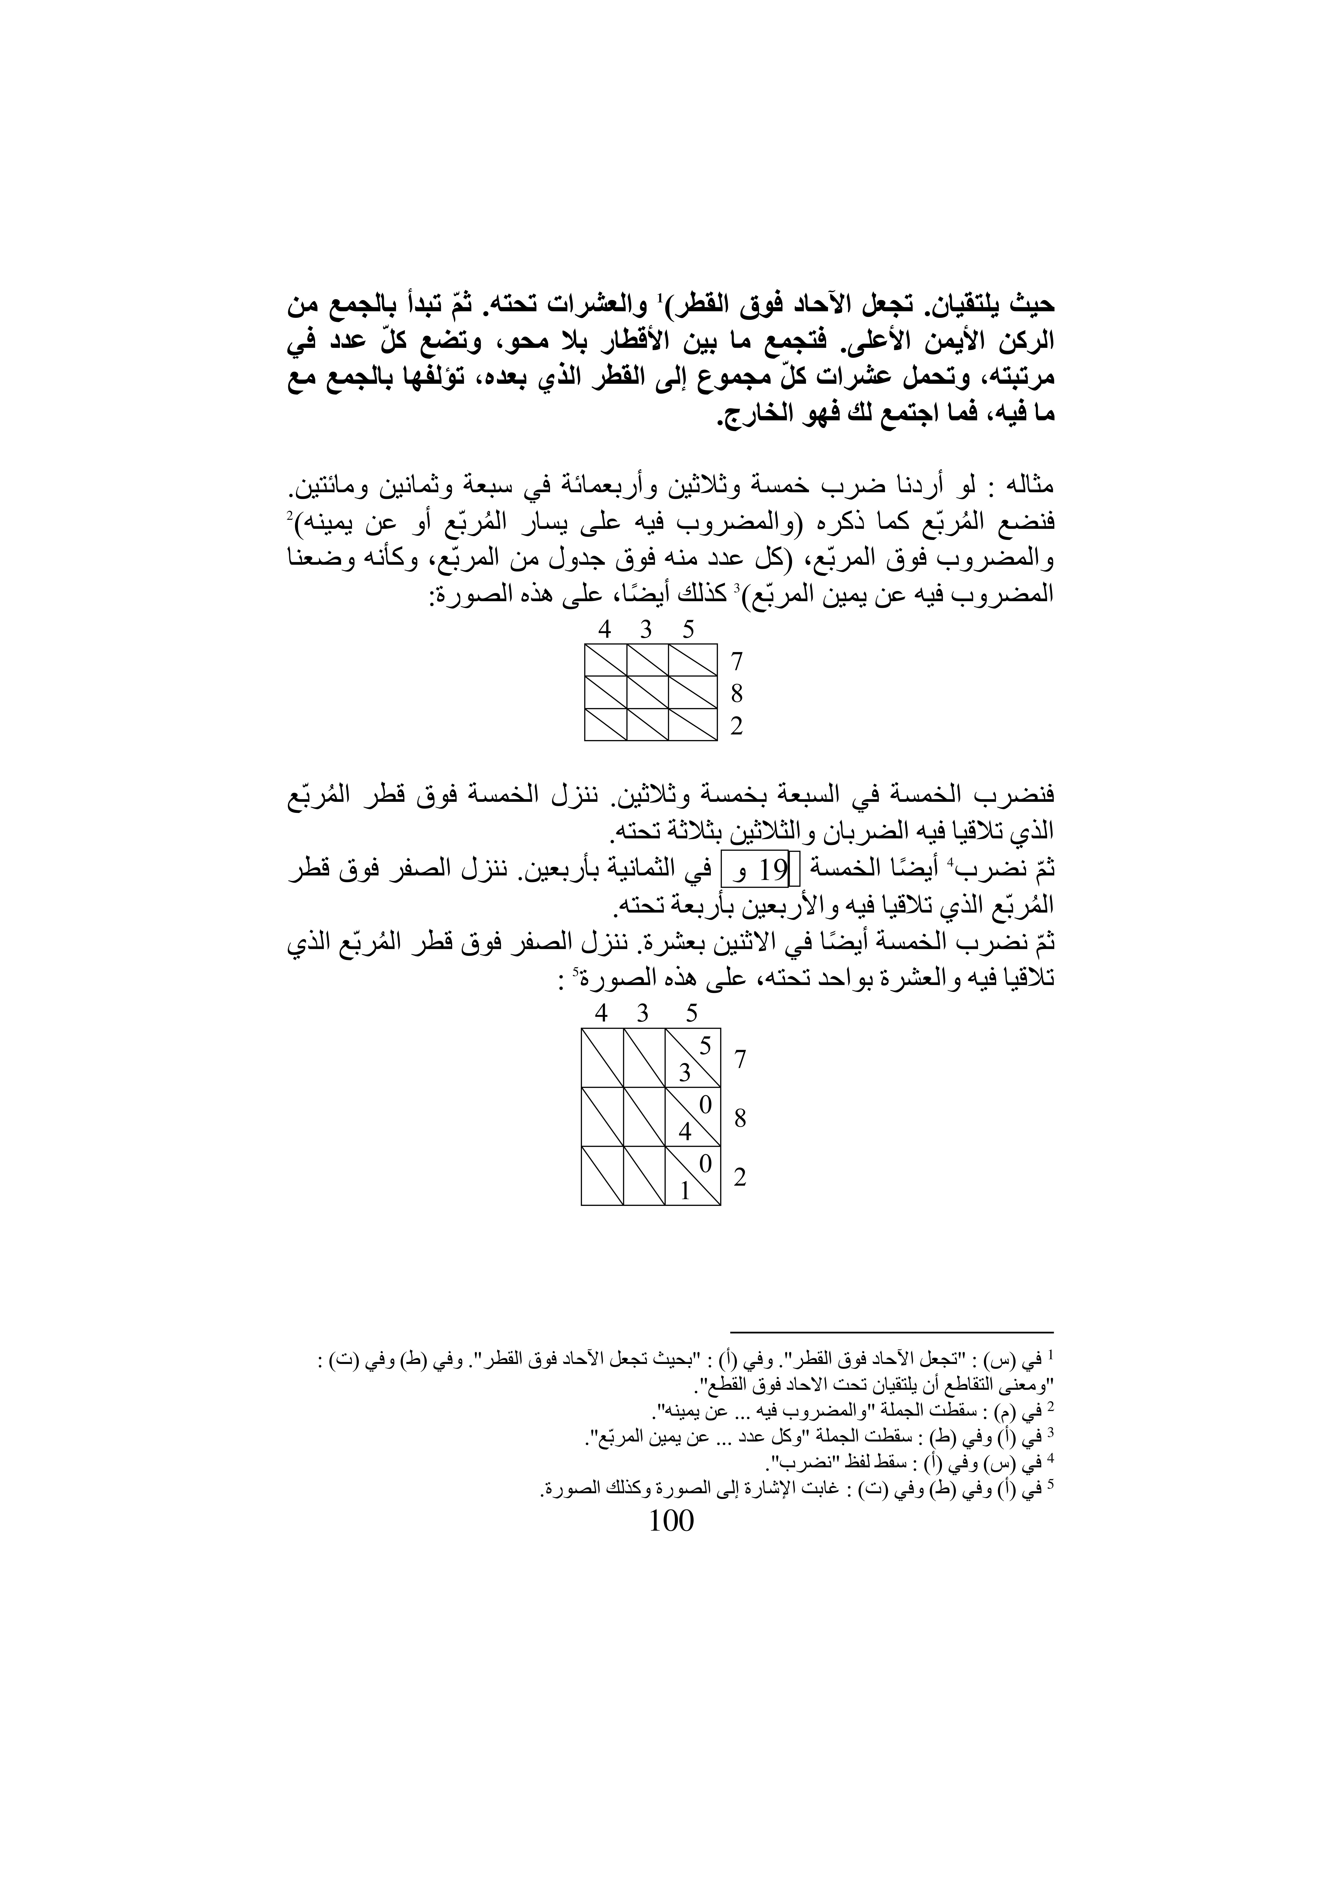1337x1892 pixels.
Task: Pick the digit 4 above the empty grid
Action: (x=605, y=630)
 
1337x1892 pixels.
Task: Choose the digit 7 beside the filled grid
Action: (x=740, y=1059)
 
